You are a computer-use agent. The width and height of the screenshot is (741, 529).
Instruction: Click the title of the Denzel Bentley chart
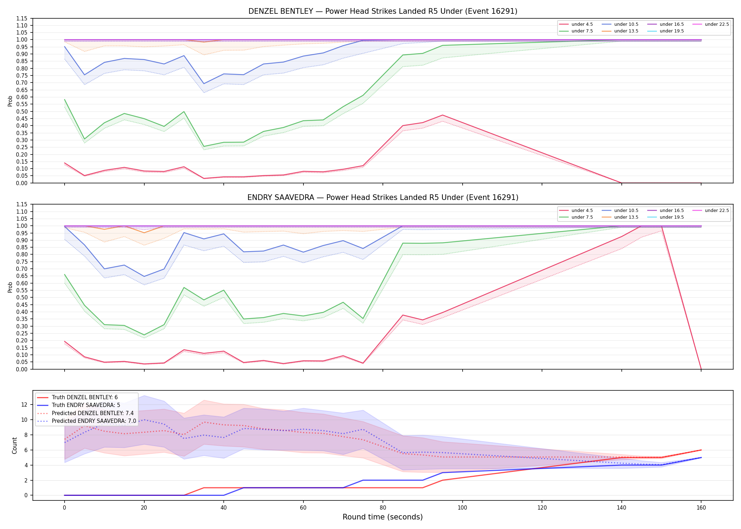(x=383, y=11)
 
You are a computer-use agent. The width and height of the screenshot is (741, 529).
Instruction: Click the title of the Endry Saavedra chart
(x=383, y=197)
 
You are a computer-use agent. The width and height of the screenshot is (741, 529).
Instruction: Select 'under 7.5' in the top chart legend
(x=582, y=31)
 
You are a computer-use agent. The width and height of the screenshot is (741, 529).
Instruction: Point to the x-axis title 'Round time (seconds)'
(x=383, y=517)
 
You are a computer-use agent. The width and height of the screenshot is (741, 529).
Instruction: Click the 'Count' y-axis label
(x=14, y=445)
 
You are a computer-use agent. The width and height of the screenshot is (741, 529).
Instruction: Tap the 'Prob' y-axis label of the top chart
(x=10, y=101)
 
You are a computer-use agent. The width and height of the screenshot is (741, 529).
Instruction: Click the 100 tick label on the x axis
(x=462, y=508)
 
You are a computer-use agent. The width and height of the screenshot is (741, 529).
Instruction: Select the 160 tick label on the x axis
(x=701, y=508)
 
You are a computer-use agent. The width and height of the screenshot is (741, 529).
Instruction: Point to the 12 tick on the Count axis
(x=24, y=405)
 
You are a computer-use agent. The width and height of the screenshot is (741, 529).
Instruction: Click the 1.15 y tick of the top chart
(x=22, y=18)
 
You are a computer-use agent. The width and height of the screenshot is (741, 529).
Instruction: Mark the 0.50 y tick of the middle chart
(x=22, y=297)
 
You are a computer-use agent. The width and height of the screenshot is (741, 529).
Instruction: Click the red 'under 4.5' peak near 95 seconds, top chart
(x=442, y=115)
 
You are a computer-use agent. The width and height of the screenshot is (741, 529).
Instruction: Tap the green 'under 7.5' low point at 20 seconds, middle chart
(x=144, y=335)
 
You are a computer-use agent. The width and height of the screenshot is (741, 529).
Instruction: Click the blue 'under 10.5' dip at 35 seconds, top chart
(x=204, y=84)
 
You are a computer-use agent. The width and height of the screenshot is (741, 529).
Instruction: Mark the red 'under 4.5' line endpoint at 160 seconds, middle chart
(x=701, y=369)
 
